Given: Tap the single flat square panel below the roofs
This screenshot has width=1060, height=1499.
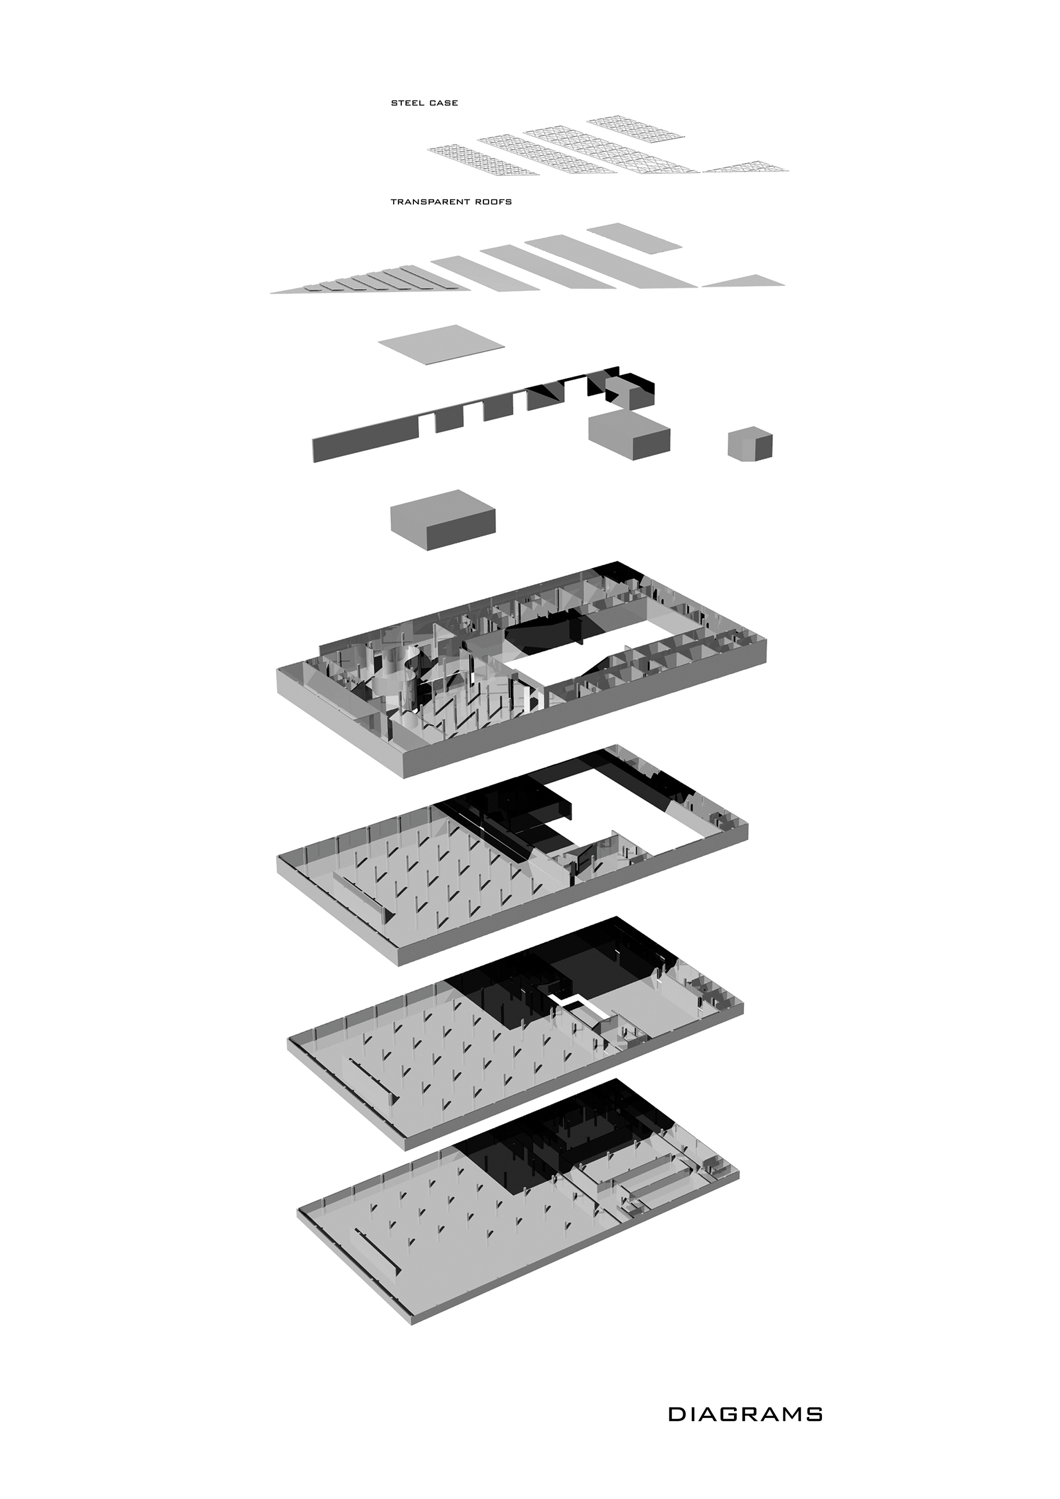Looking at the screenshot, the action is (x=442, y=344).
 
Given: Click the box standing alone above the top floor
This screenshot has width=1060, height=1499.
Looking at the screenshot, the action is (x=443, y=520).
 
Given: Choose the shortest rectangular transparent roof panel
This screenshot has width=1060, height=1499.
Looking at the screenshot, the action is (x=635, y=236).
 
